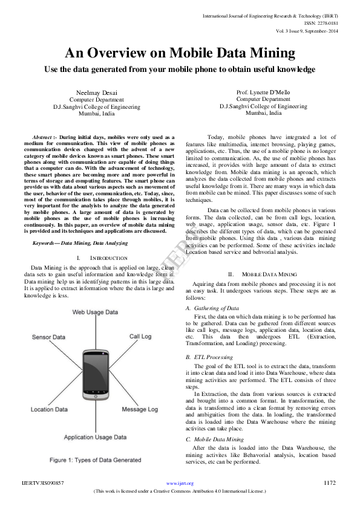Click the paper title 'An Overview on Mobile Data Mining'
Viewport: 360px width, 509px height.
pos(180,53)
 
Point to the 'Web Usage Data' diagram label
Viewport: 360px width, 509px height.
pos(95,312)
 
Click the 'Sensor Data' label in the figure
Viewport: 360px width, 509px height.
pos(48,337)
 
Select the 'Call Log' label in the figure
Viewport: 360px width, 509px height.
pos(140,337)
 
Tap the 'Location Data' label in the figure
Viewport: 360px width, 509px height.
pos(50,409)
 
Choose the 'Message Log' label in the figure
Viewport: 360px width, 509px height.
pos(140,409)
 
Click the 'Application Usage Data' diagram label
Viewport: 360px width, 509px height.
pos(96,436)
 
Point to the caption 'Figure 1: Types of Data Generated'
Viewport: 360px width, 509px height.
pos(95,460)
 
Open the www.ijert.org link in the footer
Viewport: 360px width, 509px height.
pos(180,484)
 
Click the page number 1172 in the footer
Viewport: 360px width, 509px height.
pos(329,483)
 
